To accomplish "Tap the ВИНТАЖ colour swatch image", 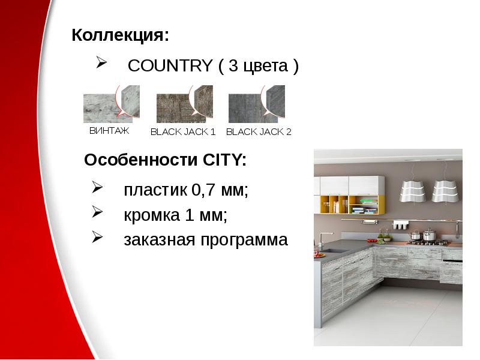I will pos(111,104).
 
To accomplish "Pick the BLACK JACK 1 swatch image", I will pos(184,104).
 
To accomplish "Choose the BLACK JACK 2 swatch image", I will pos(256,104).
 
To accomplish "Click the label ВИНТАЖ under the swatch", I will pos(109,130).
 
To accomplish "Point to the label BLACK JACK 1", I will pos(183,132).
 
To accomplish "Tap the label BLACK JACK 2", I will pos(259,132).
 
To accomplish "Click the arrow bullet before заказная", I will pos(98,239).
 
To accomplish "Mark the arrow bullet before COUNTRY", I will pos(101,63).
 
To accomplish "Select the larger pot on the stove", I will pos(429,235).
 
